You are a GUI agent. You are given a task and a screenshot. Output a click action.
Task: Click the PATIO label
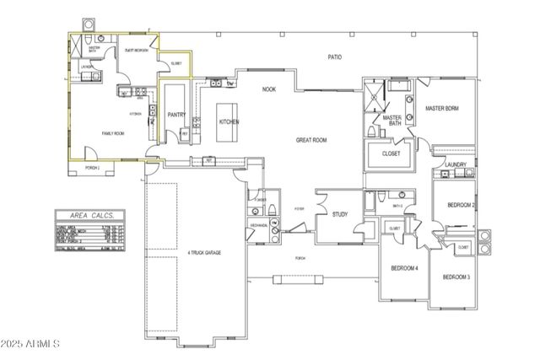pyautogui.click(x=335, y=56)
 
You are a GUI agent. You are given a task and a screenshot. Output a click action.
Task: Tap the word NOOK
pyautogui.click(x=269, y=89)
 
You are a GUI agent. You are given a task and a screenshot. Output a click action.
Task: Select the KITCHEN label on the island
pyautogui.click(x=229, y=121)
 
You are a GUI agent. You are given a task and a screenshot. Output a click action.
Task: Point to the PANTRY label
pyautogui.click(x=176, y=114)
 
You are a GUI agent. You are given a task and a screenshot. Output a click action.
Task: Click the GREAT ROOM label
pyautogui.click(x=310, y=140)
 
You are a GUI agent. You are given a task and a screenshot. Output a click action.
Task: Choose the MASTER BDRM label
pyautogui.click(x=442, y=108)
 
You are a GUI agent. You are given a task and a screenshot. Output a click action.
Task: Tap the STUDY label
pyautogui.click(x=340, y=214)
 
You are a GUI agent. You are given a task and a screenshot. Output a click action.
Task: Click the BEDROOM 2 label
pyautogui.click(x=462, y=205)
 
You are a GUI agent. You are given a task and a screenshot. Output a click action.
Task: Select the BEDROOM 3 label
pyautogui.click(x=456, y=277)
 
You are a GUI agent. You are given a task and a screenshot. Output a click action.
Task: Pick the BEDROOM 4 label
pyautogui.click(x=404, y=268)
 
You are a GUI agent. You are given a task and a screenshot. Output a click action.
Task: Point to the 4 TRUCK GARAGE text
pyautogui.click(x=204, y=251)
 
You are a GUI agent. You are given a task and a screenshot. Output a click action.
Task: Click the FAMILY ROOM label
pyautogui.click(x=113, y=133)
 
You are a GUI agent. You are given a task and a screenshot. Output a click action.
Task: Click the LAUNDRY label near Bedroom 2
pyautogui.click(x=457, y=164)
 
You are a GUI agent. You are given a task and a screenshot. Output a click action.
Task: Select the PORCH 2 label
pyautogui.click(x=93, y=168)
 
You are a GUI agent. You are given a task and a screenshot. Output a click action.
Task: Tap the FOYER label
pyautogui.click(x=275, y=208)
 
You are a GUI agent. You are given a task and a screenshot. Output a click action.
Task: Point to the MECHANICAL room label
pyautogui.click(x=258, y=224)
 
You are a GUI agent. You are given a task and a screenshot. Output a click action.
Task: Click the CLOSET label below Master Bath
pyautogui.click(x=391, y=154)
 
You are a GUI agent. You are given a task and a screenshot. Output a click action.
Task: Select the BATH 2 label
pyautogui.click(x=397, y=205)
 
